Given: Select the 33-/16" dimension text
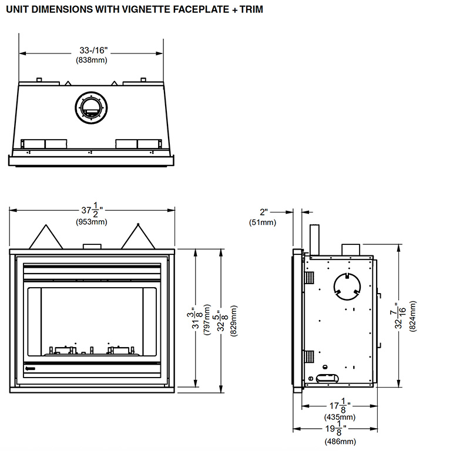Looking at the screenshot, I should click(x=92, y=51).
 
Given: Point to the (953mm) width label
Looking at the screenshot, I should click(x=92, y=221).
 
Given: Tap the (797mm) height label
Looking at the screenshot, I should click(x=207, y=319).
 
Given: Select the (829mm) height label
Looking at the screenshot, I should click(x=234, y=319).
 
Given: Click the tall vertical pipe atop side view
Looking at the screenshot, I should click(x=314, y=238).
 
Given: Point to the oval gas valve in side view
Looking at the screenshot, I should click(x=325, y=379).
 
